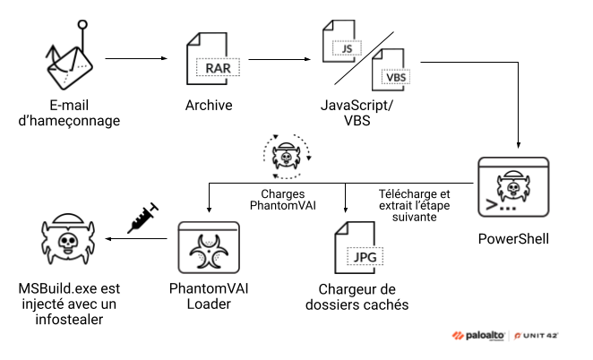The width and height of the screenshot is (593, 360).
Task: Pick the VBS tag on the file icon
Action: click(x=394, y=76)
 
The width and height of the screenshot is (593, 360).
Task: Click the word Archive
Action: click(x=211, y=106)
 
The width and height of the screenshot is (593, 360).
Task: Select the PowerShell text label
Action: click(x=513, y=240)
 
